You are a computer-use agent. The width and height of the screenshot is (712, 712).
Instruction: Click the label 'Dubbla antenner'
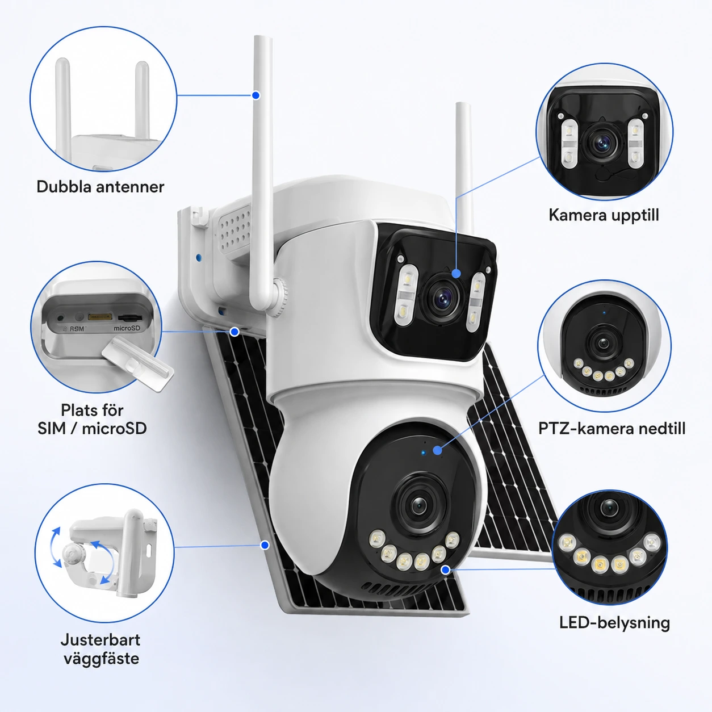[100, 187]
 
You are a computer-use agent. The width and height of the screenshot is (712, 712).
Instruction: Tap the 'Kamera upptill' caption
[604, 215]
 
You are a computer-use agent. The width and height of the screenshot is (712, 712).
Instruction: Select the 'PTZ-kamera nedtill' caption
[612, 429]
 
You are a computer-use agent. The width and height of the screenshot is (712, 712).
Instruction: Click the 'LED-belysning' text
[614, 623]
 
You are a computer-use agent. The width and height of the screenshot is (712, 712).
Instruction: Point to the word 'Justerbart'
[100, 640]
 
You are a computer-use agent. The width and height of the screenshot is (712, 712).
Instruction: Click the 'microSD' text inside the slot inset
[127, 328]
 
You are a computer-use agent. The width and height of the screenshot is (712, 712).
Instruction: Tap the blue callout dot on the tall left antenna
[256, 95]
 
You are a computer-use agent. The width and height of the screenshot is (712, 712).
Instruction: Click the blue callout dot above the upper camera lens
[456, 274]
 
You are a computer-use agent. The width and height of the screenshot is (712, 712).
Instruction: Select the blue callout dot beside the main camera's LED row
[446, 569]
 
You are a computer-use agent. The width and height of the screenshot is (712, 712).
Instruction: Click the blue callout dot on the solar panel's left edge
[265, 545]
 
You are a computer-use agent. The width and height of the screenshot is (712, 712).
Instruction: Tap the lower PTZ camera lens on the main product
[419, 505]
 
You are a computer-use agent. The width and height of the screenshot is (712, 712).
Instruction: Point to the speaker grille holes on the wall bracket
[235, 228]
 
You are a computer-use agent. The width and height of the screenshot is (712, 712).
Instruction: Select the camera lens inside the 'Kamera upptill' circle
[603, 143]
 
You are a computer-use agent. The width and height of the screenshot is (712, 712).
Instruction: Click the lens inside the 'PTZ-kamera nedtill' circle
[603, 344]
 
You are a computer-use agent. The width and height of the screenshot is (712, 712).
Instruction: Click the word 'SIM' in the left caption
[52, 429]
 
